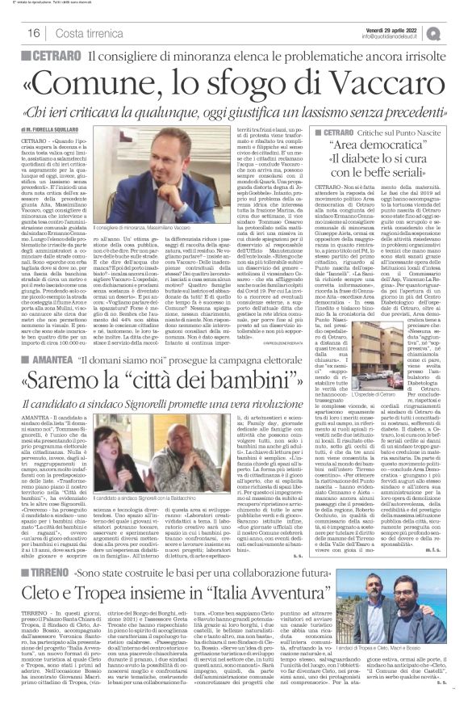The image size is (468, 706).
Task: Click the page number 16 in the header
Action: [x=34, y=32]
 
